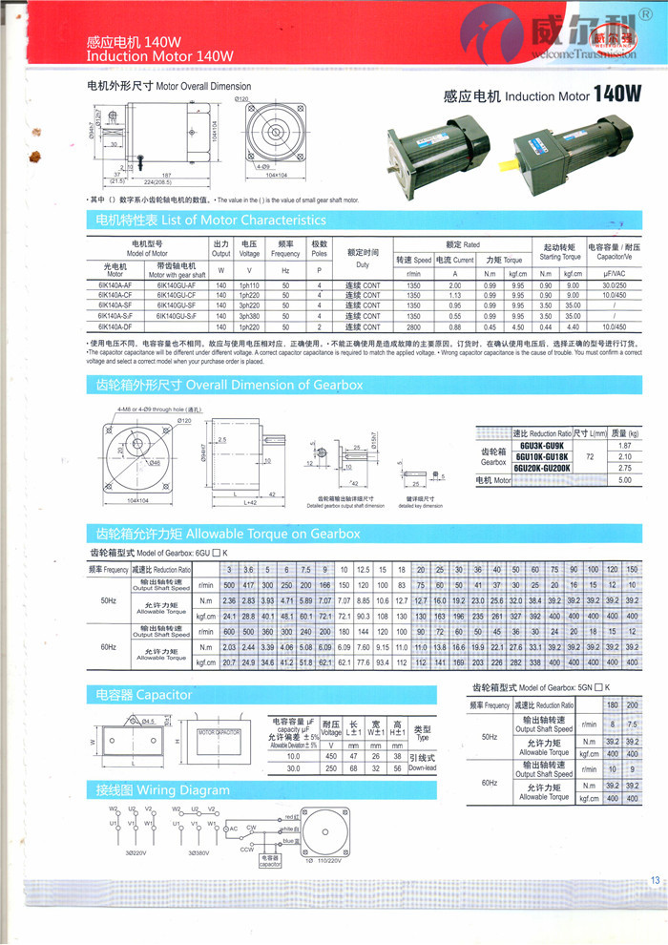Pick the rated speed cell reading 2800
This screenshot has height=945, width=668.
[x=413, y=326]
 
